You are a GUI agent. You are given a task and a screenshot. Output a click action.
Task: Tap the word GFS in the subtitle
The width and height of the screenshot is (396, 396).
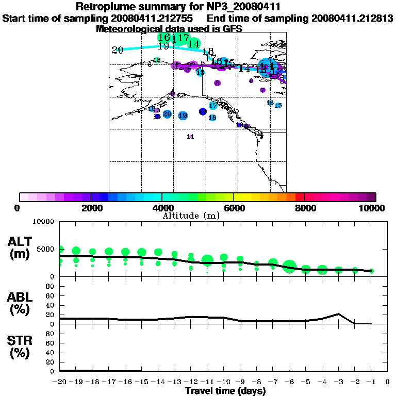pos(232,29)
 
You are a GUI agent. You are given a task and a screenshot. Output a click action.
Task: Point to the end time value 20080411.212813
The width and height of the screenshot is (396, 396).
pos(352,18)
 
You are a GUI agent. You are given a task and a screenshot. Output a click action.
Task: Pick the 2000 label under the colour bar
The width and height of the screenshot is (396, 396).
pos(91,208)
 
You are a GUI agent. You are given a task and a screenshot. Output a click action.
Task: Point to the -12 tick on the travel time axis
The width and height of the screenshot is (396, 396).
pos(191,382)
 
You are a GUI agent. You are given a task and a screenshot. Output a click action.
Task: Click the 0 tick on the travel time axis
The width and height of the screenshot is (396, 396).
pos(387,382)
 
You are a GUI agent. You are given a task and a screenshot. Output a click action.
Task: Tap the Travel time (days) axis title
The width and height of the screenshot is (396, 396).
pos(225,391)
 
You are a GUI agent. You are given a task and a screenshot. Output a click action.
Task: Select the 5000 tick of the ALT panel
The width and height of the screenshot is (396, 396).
pos(45,250)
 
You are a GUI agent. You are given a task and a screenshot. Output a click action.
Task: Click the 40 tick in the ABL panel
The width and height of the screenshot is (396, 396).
pos(51,305)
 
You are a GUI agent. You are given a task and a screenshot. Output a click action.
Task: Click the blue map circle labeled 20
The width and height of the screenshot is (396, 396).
pos(167,114)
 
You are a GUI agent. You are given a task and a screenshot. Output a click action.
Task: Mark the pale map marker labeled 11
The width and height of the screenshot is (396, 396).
pos(190,137)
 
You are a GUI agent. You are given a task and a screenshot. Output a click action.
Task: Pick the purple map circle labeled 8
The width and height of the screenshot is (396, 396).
pos(218,83)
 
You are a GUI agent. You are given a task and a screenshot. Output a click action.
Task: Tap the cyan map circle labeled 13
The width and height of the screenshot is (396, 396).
pos(200,73)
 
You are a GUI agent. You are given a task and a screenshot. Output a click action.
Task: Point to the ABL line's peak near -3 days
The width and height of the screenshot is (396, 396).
pos(338,314)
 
